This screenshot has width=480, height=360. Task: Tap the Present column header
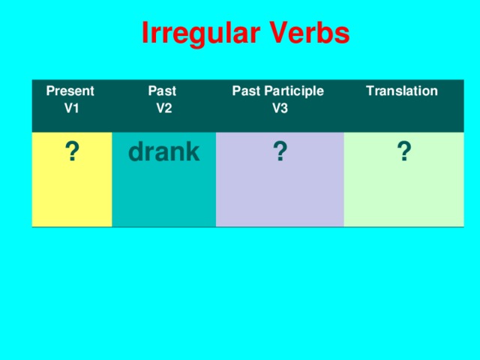(x=70, y=91)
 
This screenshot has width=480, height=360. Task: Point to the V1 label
(x=72, y=107)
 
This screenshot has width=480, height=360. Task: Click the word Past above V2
(x=163, y=91)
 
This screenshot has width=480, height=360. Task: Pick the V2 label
(x=164, y=107)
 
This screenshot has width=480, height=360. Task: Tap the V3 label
(x=279, y=108)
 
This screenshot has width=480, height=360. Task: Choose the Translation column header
(x=401, y=91)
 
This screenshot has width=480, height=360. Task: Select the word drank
(x=163, y=152)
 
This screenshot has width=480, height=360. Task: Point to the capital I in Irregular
(x=145, y=34)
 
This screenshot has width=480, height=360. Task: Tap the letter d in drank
(x=136, y=152)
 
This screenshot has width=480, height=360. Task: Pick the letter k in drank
(x=192, y=152)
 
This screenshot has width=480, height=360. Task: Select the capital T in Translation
(x=369, y=91)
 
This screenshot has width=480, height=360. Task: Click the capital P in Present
(x=50, y=91)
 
